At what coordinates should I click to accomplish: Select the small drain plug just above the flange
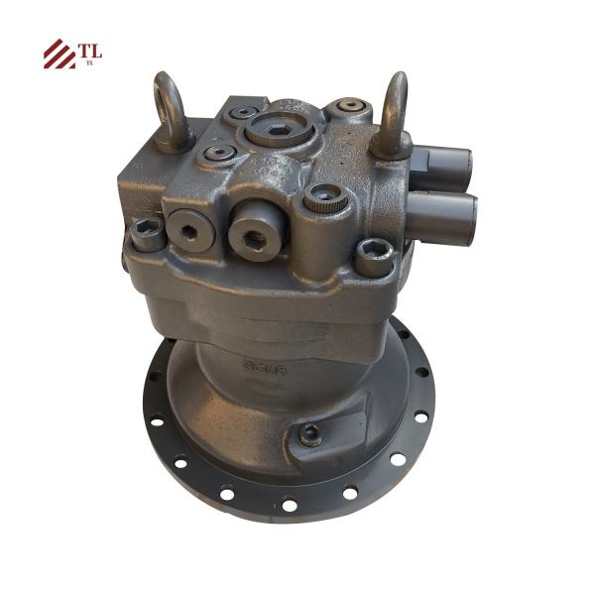click(x=311, y=431)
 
